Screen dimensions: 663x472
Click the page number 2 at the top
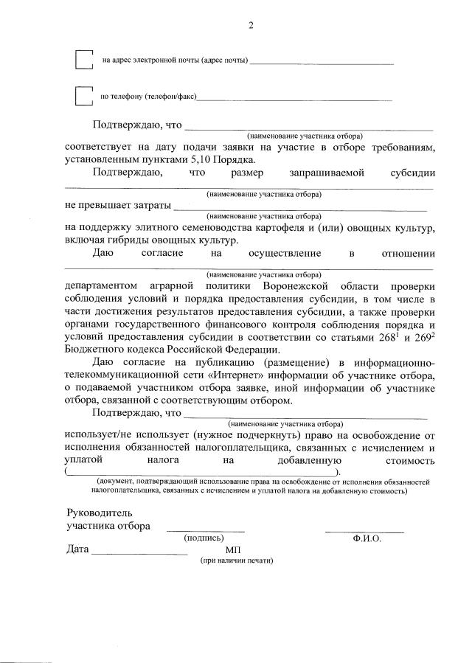(250, 27)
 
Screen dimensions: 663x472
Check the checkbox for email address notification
(84, 59)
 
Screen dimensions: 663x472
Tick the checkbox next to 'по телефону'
(84, 96)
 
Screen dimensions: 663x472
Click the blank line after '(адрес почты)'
(322, 63)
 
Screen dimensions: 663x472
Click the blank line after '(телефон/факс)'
(295, 99)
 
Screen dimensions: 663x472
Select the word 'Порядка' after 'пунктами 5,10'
(236, 159)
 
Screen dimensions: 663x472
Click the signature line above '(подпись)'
(205, 530)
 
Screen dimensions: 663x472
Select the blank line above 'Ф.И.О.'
(364, 530)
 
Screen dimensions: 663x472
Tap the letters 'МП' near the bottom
(233, 550)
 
